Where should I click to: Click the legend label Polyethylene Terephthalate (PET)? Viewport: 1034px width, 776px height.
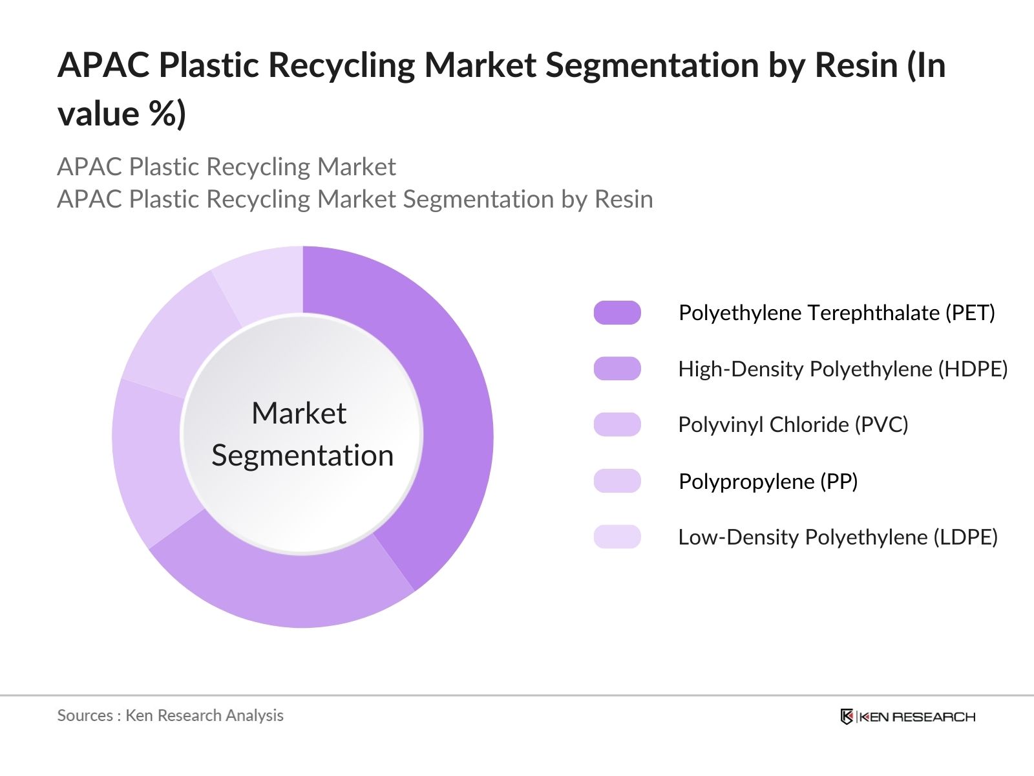click(836, 313)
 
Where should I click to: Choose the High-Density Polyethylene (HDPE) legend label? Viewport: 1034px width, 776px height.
click(843, 369)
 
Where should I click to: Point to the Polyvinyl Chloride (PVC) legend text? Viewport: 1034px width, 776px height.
click(793, 425)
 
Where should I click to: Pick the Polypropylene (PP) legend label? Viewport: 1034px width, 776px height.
click(768, 481)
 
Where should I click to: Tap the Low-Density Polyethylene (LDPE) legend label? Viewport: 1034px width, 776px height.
click(838, 537)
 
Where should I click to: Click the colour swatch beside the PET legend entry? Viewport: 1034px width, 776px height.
click(617, 313)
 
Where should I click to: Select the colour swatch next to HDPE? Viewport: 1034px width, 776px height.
click(617, 369)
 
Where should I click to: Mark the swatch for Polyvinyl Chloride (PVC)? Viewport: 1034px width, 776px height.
click(617, 425)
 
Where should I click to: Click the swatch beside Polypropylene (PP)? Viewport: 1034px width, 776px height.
click(617, 481)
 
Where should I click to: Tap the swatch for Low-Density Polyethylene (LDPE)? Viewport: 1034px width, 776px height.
click(617, 537)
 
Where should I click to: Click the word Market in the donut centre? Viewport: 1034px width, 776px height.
click(299, 413)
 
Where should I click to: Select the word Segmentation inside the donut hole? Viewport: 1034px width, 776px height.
click(302, 456)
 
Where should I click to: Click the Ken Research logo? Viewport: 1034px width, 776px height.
click(907, 717)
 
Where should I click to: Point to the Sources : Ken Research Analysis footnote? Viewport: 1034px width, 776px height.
click(170, 715)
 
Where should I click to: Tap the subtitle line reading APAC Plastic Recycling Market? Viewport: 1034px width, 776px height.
click(226, 167)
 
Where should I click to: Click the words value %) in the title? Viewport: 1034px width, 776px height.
click(121, 114)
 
